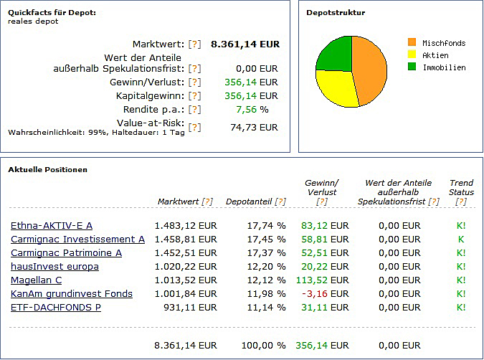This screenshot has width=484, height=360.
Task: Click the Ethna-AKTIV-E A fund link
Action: pyautogui.click(x=52, y=226)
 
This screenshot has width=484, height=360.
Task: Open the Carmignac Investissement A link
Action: pyautogui.click(x=77, y=240)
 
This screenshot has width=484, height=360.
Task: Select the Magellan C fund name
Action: pyautogui.click(x=36, y=280)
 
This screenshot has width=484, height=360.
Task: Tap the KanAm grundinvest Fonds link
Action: pyautogui.click(x=71, y=294)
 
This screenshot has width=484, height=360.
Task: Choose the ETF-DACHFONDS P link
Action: pyautogui.click(x=55, y=307)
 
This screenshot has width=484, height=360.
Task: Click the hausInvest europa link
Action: pyautogui.click(x=54, y=267)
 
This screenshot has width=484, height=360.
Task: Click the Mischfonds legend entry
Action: pyautogui.click(x=443, y=43)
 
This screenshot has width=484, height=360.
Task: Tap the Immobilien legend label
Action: pyautogui.click(x=443, y=67)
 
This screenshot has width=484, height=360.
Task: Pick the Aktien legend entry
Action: pyautogui.click(x=435, y=55)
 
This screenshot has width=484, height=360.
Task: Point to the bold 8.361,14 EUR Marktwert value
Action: pyautogui.click(x=245, y=44)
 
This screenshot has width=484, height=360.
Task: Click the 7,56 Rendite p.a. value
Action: pyautogui.click(x=245, y=110)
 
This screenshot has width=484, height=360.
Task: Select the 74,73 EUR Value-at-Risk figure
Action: pyautogui.click(x=253, y=127)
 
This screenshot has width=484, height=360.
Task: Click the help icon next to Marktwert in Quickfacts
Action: pyautogui.click(x=195, y=44)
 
